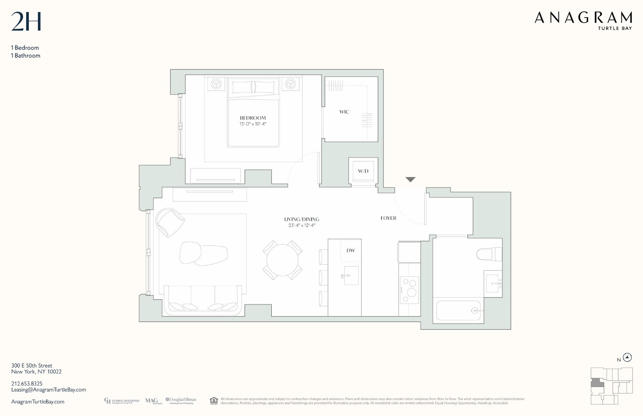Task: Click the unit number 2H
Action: (26, 22)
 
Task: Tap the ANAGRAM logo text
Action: (583, 18)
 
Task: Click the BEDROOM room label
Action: (252, 118)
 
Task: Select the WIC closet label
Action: (344, 112)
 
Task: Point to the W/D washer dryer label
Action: (363, 171)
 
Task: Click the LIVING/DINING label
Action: (302, 219)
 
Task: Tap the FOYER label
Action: (388, 218)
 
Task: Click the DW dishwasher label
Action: (351, 250)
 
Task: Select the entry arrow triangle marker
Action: (410, 180)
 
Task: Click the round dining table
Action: (282, 260)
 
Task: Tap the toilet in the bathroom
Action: (489, 254)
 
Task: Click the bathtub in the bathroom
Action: (458, 310)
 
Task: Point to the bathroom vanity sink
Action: (493, 283)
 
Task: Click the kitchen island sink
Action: (351, 276)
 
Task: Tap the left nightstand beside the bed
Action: (216, 84)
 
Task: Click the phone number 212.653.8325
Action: (27, 383)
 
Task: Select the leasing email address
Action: (48, 390)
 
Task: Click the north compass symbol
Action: (627, 357)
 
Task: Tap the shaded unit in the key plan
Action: (597, 383)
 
